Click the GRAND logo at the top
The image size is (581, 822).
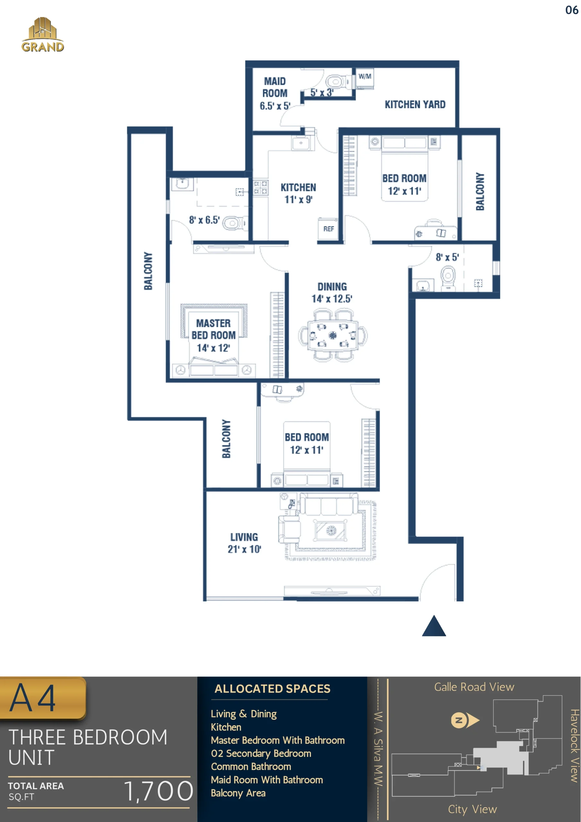[x=43, y=35]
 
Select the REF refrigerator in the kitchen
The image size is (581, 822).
[x=328, y=228]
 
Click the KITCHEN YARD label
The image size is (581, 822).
[x=415, y=105]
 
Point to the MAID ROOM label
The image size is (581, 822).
[x=274, y=87]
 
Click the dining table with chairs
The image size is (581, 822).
[x=333, y=336]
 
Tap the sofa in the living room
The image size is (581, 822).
[x=329, y=505]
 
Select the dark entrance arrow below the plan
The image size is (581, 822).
[x=434, y=626]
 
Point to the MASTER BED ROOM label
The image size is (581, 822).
[x=213, y=329]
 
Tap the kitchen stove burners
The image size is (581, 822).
[x=260, y=188]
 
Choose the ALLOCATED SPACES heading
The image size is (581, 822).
[x=273, y=688]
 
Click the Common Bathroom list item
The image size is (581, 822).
[x=251, y=766]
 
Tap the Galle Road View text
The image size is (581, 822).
[x=474, y=687]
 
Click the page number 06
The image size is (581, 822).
[x=572, y=10]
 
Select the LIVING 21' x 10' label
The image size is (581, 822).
[x=244, y=543]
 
